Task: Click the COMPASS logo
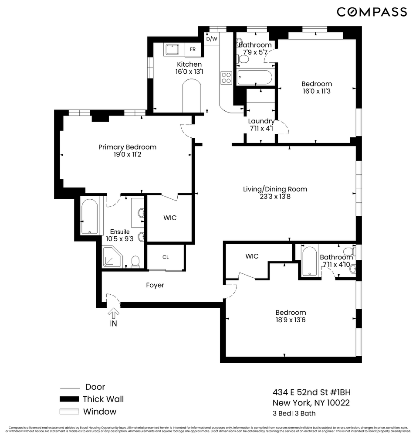point(372,12)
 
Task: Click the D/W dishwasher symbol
point(212,39)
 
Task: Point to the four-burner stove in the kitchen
point(227,78)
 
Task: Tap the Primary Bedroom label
point(127,147)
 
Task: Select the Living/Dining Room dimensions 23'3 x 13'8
point(275,197)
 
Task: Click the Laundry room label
point(261,121)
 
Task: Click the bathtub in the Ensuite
point(89,217)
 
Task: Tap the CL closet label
point(166,257)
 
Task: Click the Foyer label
point(155,285)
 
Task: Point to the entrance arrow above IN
point(113,313)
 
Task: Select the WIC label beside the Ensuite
point(170,218)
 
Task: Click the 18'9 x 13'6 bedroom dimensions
point(291,320)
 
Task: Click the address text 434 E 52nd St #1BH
point(311,392)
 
